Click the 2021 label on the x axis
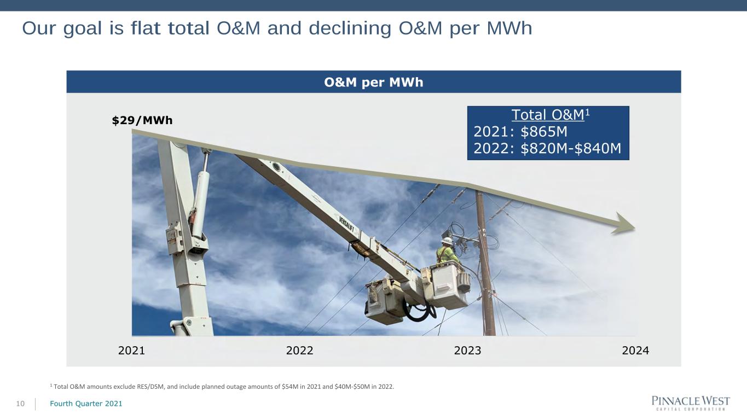coord(131,351)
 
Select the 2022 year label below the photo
coord(299,351)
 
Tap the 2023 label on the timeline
coord(467,351)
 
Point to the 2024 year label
coord(635,351)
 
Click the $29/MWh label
coord(142,120)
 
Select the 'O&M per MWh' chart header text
coord(373,82)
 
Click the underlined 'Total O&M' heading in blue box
coord(548,115)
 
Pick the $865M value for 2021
coord(543,131)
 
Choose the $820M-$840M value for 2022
coord(571,148)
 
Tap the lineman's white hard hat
coord(447,241)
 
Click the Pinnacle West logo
coord(691,403)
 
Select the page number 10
coord(20,404)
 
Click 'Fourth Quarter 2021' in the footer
coord(86,404)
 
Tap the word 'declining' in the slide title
coord(350,28)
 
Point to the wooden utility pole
coord(485,264)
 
